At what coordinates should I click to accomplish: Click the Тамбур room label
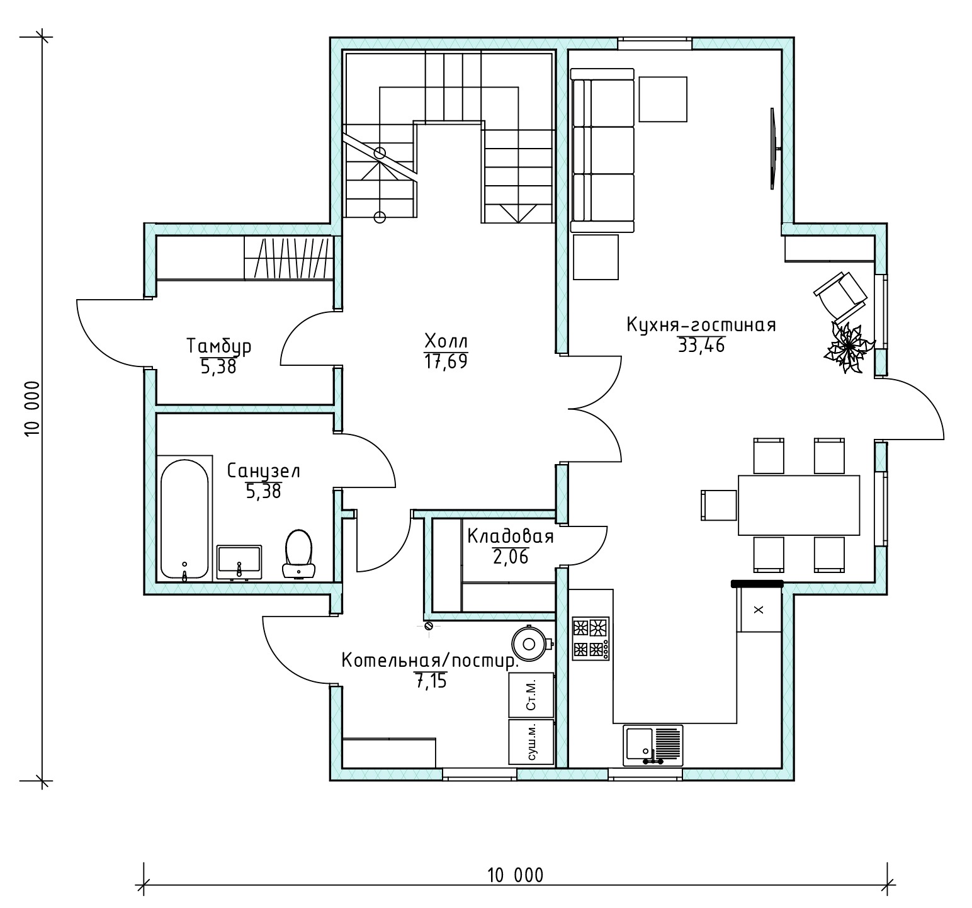tap(219, 346)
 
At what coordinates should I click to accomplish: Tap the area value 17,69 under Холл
tap(446, 362)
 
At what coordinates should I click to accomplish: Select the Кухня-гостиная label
tap(701, 325)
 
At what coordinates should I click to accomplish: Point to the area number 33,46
tap(701, 345)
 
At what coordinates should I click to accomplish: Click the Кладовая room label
tap(511, 536)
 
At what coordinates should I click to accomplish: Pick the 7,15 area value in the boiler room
tap(431, 681)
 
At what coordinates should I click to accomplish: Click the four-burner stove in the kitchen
tap(591, 638)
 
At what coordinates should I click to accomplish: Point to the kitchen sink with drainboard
tap(653, 745)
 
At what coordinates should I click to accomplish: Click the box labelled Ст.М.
tap(531, 695)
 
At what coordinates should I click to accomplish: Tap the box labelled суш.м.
tap(531, 742)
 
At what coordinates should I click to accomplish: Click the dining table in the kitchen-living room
tap(799, 505)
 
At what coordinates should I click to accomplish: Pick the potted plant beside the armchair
tap(849, 348)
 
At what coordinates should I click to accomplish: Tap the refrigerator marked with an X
tap(759, 608)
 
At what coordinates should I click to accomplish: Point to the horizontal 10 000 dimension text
tap(514, 875)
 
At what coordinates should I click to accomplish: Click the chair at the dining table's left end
tap(719, 505)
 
